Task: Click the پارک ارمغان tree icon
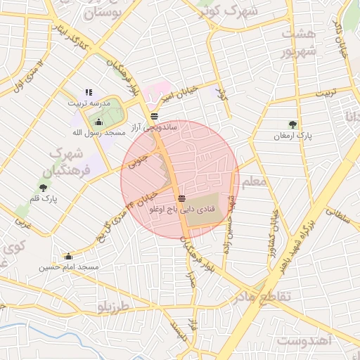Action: (x=293, y=124)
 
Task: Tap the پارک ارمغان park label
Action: (x=293, y=134)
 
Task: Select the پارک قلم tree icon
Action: (x=44, y=188)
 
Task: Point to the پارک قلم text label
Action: (x=44, y=200)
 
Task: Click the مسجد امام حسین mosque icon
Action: (x=68, y=257)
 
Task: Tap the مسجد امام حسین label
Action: (x=68, y=267)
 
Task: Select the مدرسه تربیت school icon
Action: (x=89, y=92)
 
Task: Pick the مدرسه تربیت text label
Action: (x=88, y=103)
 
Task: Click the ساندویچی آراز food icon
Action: (x=154, y=117)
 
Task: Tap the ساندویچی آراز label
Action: (x=160, y=128)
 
